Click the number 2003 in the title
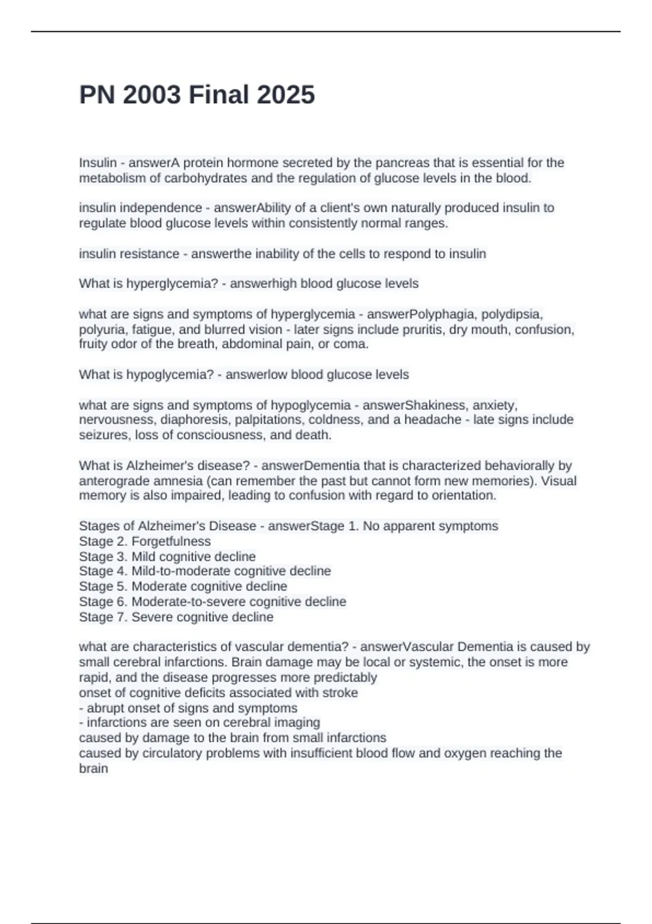(152, 95)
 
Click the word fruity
(93, 344)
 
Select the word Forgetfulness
(171, 541)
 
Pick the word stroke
(340, 692)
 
